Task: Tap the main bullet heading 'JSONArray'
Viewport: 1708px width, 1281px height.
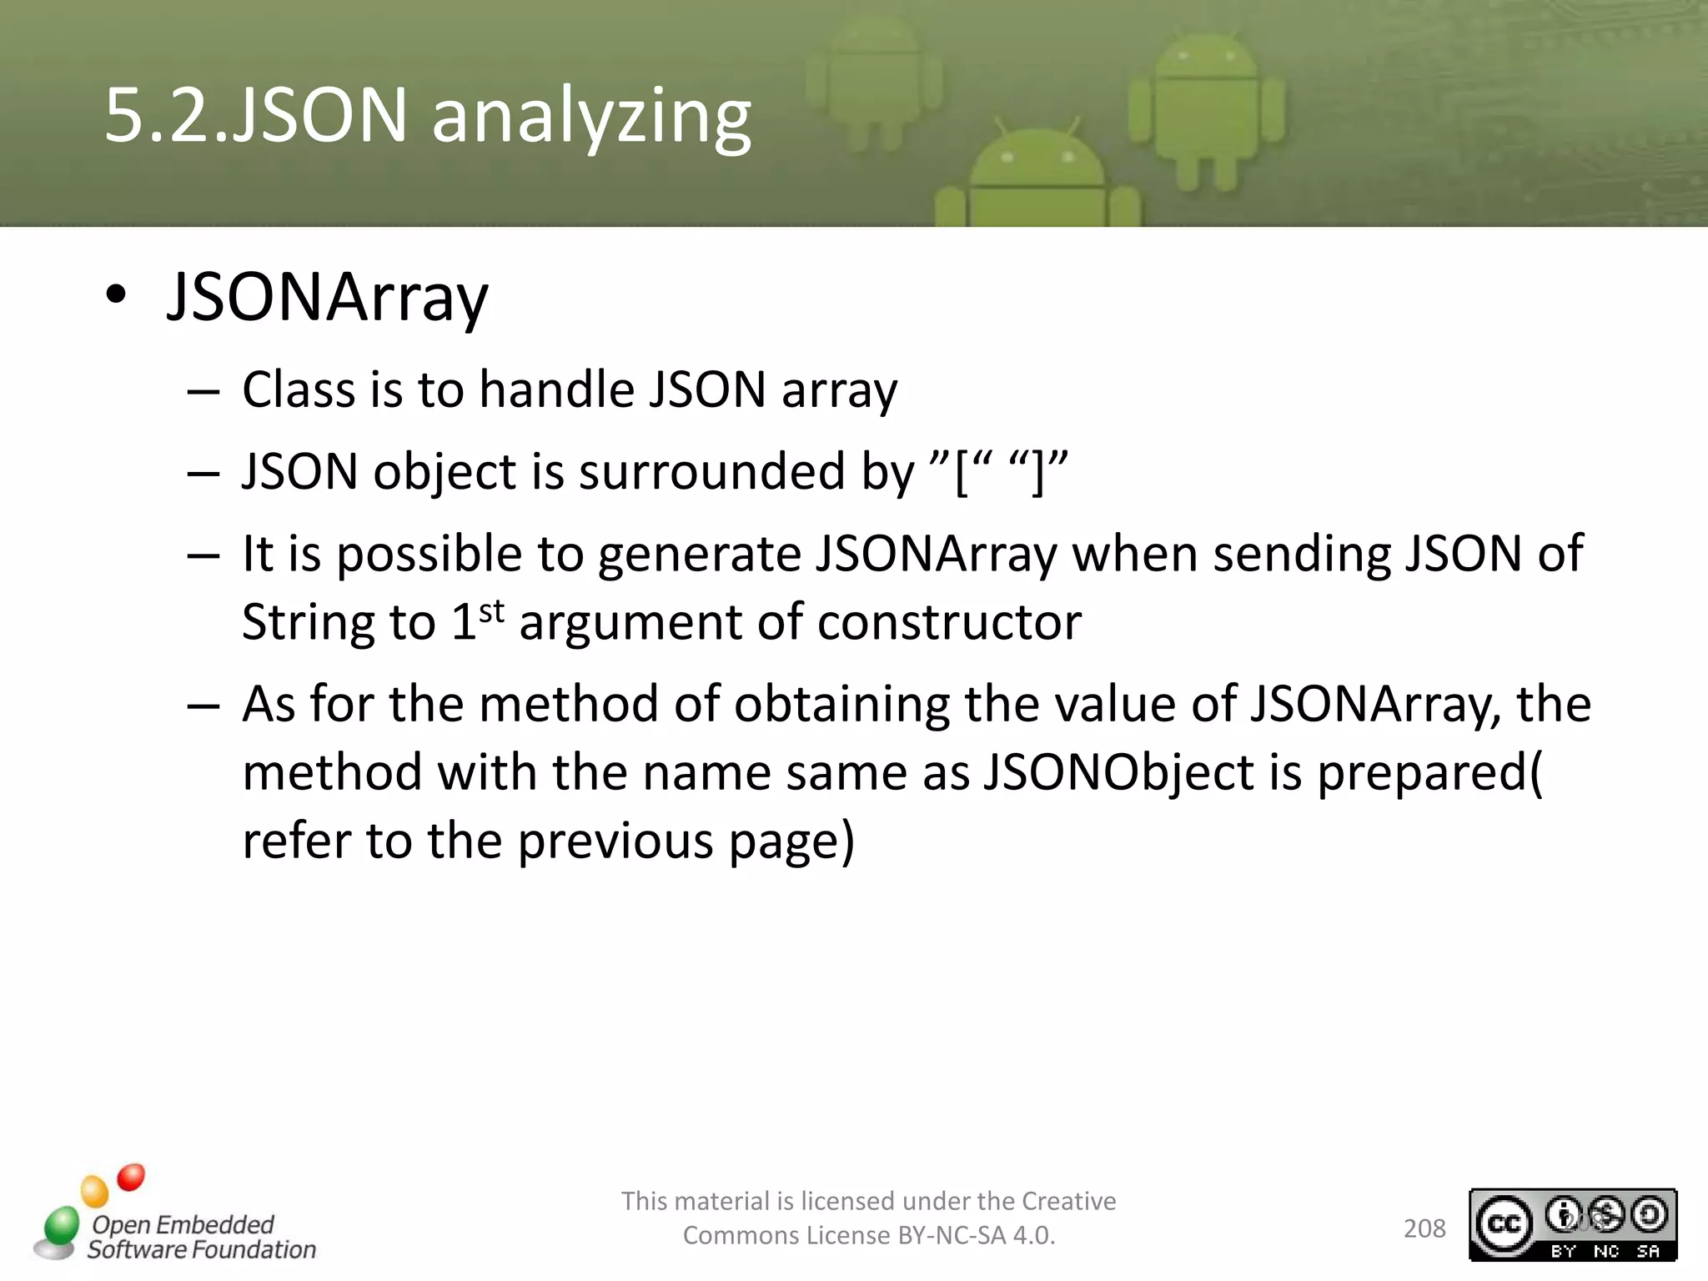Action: click(328, 298)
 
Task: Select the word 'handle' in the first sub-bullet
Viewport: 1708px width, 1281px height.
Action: click(556, 389)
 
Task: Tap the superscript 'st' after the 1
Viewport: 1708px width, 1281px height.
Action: click(492, 611)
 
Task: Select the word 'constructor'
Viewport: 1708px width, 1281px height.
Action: click(949, 623)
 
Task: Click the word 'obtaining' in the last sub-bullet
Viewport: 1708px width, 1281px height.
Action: click(841, 705)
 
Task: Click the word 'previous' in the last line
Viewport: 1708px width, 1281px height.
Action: click(615, 841)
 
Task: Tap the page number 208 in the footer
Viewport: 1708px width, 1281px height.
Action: click(1424, 1228)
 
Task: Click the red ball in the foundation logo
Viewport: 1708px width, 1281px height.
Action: click(131, 1178)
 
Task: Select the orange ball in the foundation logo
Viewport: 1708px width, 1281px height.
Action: click(95, 1191)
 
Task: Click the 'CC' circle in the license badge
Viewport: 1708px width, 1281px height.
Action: click(1505, 1223)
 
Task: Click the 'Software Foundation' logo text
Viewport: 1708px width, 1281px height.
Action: click(202, 1249)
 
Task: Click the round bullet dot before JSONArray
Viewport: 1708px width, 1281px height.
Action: click(116, 295)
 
